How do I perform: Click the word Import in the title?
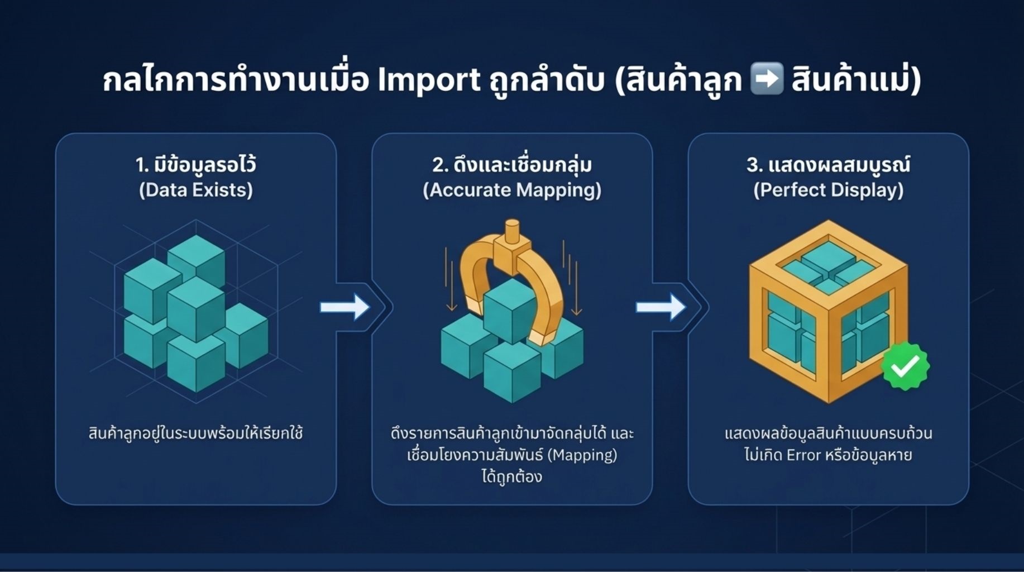pos(428,80)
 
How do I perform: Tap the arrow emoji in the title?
pos(767,79)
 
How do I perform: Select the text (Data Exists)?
pos(196,190)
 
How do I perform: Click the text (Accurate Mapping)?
pos(512,190)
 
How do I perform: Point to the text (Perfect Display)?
pos(828,190)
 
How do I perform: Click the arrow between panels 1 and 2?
pos(344,307)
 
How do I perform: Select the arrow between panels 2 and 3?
pos(661,307)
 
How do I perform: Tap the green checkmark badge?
pos(905,366)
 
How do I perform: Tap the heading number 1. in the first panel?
pos(142,165)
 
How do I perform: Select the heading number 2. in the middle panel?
pos(439,165)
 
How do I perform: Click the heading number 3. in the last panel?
pos(754,165)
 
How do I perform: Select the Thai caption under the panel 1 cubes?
pos(196,433)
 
